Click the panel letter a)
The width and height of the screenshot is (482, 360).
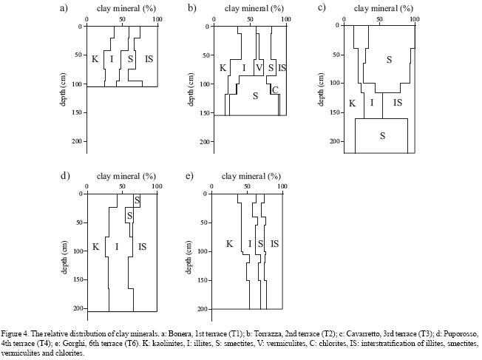click(64, 8)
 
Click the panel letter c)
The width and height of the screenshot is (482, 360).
click(322, 8)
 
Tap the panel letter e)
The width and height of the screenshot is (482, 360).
click(190, 177)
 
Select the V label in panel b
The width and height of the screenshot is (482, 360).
click(259, 68)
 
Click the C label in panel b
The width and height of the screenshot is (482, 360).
click(275, 90)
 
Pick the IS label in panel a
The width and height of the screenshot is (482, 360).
click(149, 58)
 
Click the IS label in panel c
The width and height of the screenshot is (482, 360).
click(398, 103)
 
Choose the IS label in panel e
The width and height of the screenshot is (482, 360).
click(274, 243)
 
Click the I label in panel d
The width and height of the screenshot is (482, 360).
click(115, 247)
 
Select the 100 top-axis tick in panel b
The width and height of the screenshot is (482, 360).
click(285, 19)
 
